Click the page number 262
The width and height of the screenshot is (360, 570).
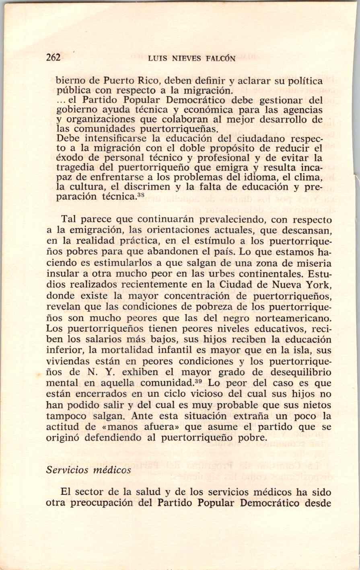tap(53, 57)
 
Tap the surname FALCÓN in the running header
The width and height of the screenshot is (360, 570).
tap(220, 58)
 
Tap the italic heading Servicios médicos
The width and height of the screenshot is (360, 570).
tap(88, 470)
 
